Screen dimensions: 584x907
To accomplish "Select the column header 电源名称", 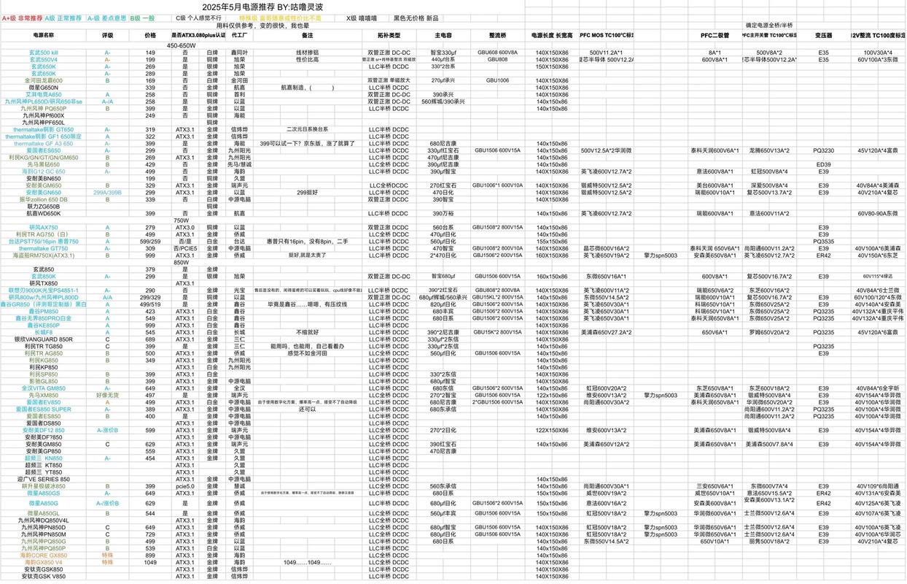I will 44,34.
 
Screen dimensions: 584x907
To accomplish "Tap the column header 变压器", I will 823,34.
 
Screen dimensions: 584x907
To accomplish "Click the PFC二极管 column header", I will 715,34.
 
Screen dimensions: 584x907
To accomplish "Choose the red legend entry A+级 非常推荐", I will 22,18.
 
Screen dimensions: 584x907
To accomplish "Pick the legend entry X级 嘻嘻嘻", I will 362,18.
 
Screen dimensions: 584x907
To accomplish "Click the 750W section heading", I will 182,220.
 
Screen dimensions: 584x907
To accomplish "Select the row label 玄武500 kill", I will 44,53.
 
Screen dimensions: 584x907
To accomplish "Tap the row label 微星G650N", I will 44,88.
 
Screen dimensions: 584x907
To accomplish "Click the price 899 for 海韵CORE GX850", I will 150,556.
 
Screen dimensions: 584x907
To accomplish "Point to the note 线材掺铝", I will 307,53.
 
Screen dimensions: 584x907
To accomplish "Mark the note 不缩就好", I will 307,332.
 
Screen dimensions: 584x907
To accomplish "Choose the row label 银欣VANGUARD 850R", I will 44,339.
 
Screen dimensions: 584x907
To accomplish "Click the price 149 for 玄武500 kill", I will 150,53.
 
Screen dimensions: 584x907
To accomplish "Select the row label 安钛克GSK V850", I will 44,577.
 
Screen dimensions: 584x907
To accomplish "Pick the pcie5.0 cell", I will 185,486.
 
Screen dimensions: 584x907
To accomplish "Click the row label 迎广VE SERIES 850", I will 44,479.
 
